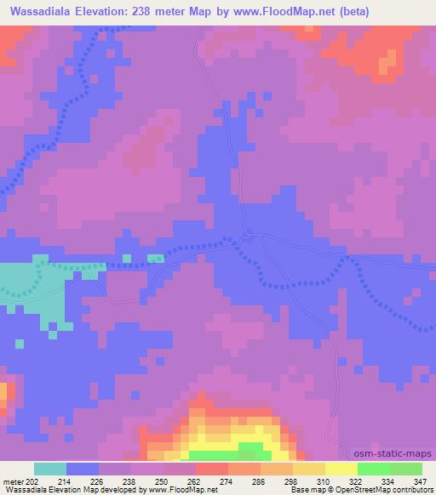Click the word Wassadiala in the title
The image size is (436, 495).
(41, 11)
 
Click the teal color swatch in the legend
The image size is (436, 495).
(50, 469)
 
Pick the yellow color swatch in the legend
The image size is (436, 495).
(341, 469)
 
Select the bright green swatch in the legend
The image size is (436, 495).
(373, 469)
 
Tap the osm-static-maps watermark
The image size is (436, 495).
(394, 455)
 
